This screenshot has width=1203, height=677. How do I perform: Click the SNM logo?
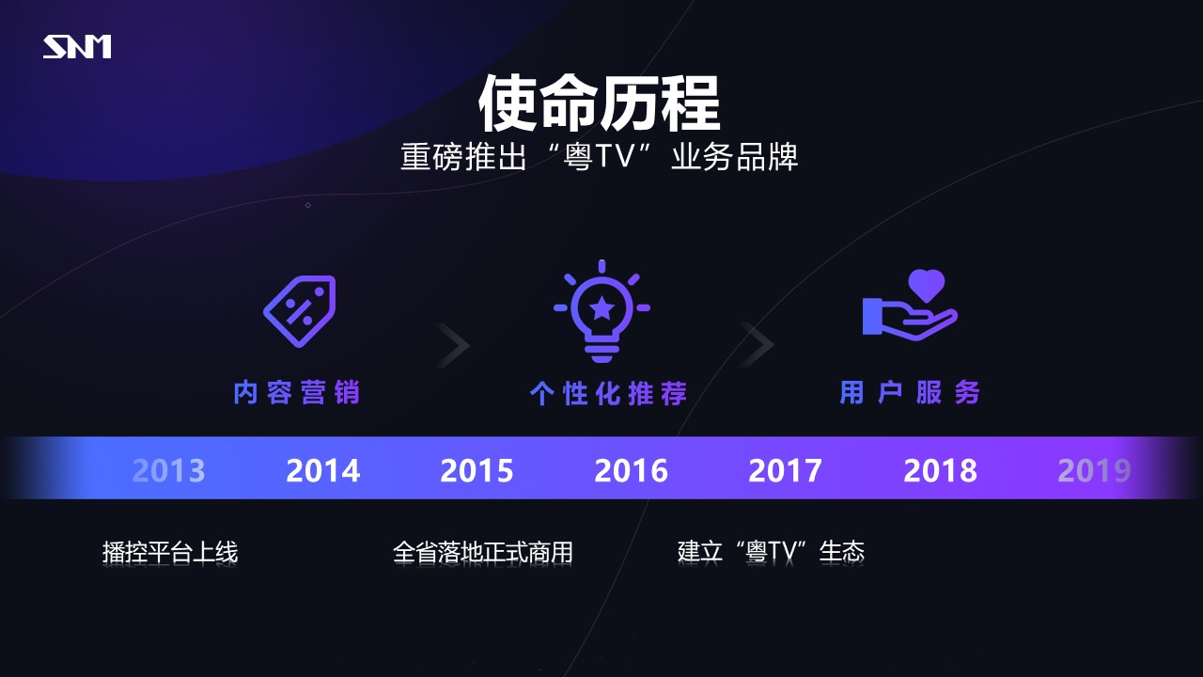click(x=77, y=47)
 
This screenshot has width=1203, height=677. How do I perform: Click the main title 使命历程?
click(x=599, y=103)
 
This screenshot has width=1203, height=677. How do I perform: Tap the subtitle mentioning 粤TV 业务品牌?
click(x=600, y=157)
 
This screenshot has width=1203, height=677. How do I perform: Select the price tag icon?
click(x=300, y=311)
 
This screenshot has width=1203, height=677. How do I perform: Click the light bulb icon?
click(x=601, y=311)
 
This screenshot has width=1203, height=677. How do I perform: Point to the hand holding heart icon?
click(x=910, y=305)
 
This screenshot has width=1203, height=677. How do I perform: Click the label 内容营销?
click(x=296, y=392)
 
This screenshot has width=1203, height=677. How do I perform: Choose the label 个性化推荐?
click(x=608, y=393)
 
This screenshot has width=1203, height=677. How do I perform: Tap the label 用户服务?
click(x=910, y=392)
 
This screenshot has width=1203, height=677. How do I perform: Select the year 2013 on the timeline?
click(x=168, y=471)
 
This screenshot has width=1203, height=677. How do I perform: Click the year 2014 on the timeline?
click(x=322, y=471)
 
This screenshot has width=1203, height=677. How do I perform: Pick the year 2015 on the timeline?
click(x=477, y=471)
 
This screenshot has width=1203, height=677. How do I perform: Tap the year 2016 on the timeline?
click(x=631, y=471)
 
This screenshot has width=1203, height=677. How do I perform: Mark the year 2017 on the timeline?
click(x=785, y=471)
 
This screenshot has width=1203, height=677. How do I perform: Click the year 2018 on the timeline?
click(x=940, y=471)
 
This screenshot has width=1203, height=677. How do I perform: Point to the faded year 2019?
click(x=1094, y=471)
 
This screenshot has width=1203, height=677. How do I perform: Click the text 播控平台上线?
click(x=170, y=552)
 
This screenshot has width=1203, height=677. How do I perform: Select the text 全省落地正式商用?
click(x=482, y=552)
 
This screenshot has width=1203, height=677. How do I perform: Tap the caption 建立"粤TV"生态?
click(x=771, y=552)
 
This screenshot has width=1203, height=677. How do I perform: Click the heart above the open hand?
click(x=927, y=285)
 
